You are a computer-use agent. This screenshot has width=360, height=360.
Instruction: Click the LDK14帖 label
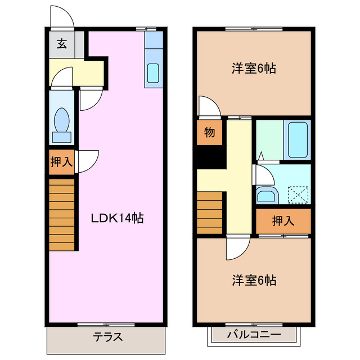coord(118,218)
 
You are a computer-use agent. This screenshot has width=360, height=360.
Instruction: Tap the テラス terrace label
coord(107,337)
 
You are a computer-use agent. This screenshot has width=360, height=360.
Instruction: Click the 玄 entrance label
coord(61,44)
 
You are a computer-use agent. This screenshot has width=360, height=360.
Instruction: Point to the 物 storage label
coord(209,133)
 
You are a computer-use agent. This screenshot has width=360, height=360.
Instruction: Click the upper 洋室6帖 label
coord(254,69)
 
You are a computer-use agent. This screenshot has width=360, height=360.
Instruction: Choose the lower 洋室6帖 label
coord(254,280)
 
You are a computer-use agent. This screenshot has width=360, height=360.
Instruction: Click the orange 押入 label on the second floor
coord(283,221)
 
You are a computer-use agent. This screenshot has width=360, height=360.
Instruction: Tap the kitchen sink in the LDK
coord(154,74)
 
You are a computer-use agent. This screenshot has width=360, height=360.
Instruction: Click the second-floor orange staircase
coord(210,213)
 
